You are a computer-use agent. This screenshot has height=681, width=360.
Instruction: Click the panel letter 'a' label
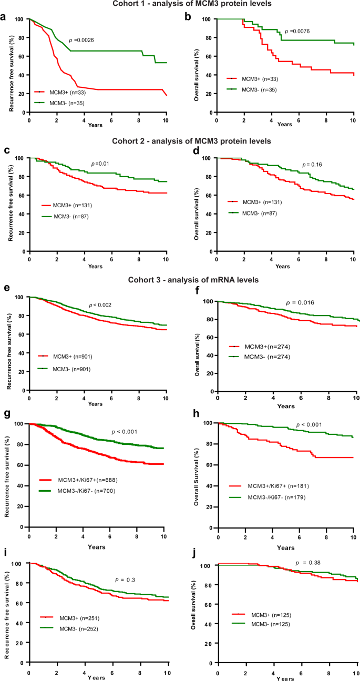coord(4,17)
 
